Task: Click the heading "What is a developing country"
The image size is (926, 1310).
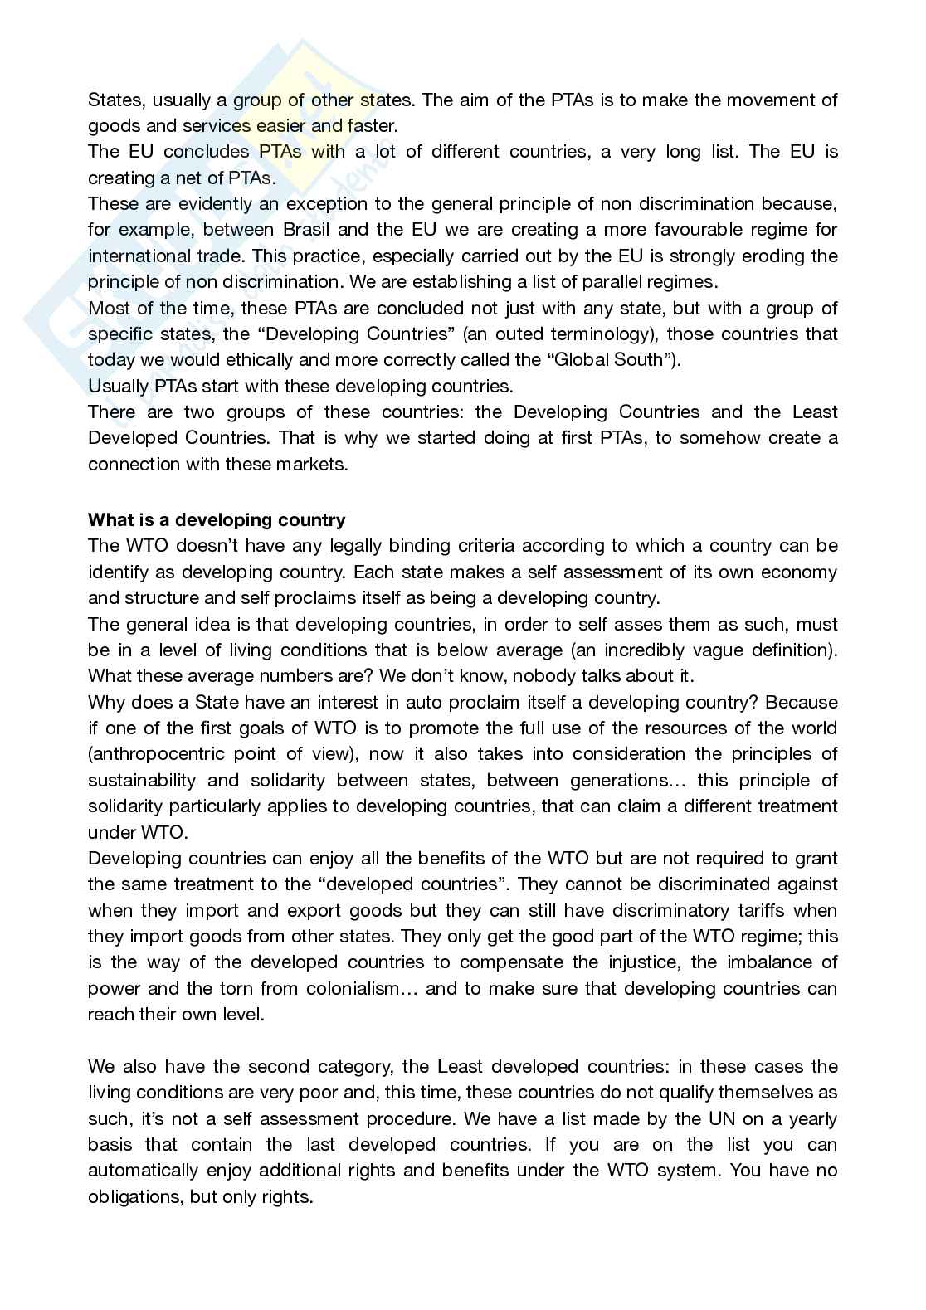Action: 217,520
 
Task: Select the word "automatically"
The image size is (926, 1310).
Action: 143,1171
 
